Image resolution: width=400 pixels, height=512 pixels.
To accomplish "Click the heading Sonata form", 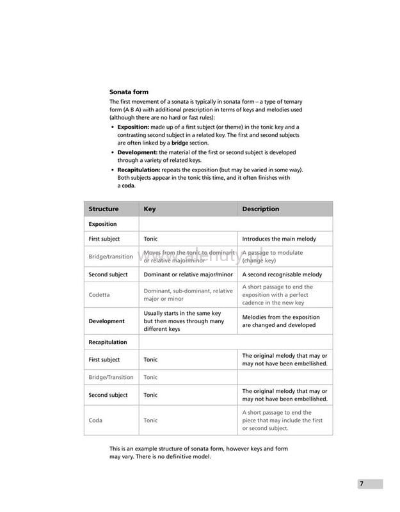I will tap(129, 92).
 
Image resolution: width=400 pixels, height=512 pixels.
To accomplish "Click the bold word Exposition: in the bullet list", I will tap(133, 127).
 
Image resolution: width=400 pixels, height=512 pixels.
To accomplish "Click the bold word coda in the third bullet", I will tap(129, 186).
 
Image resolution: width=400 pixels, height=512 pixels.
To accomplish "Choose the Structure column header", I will tap(104, 209).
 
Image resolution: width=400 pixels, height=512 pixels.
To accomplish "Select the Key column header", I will tap(149, 209).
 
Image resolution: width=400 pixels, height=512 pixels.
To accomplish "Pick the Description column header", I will tap(260, 209).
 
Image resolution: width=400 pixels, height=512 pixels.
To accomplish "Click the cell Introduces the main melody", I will tap(278, 239).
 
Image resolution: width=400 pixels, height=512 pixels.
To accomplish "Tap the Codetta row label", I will tap(99, 294).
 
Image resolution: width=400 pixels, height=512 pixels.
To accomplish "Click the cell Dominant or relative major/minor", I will tap(186, 275).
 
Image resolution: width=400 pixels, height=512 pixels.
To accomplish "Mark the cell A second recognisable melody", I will tap(282, 275).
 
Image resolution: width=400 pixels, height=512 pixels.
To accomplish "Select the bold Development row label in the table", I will tap(107, 321).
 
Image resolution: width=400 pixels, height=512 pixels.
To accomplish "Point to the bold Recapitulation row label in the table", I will tap(108, 342).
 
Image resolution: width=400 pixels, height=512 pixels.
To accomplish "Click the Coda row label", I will tap(95, 420).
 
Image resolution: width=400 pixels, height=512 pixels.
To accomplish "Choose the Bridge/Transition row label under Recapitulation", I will tap(111, 377).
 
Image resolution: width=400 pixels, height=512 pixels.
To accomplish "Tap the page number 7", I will tap(361, 484).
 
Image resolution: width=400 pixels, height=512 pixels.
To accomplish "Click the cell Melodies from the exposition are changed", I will tap(280, 321).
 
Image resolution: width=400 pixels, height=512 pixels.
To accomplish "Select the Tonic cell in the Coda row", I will tap(150, 420).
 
